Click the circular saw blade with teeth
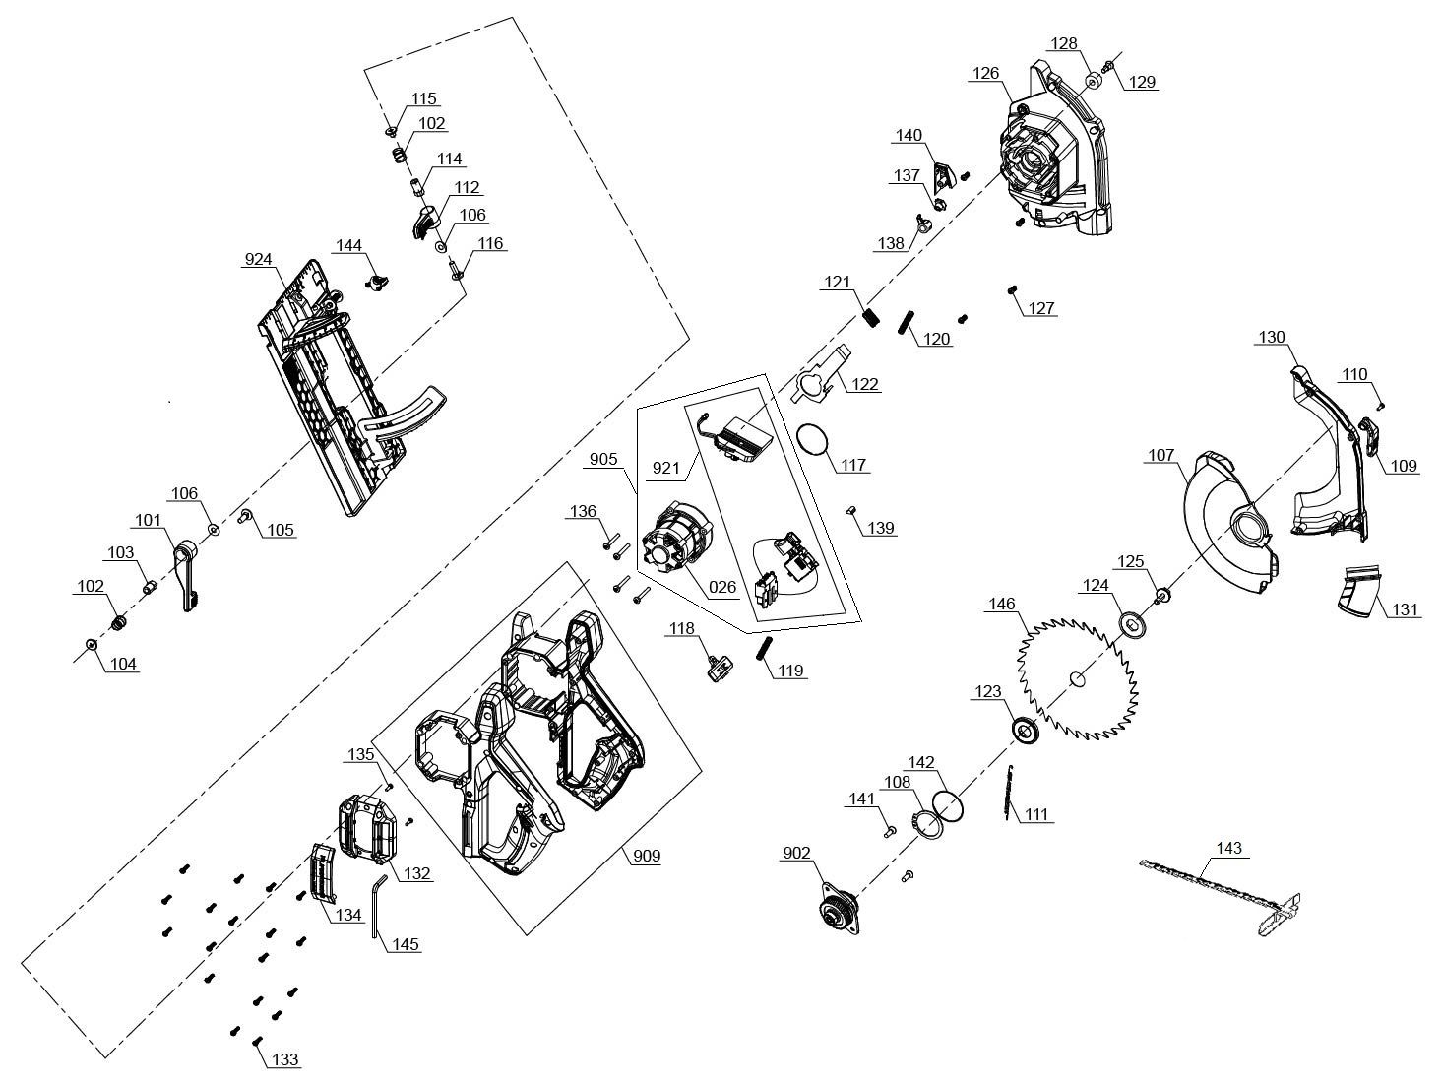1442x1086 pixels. pos(1078,677)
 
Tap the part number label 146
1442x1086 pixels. pos(1003,604)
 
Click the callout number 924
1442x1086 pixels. pos(259,260)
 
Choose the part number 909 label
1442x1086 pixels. pos(646,856)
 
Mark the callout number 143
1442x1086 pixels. pos(1228,847)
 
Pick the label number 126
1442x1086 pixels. pos(986,73)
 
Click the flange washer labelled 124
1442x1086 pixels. pos(1135,624)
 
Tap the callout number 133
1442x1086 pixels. pos(285,1059)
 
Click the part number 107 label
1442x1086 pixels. pos(1160,455)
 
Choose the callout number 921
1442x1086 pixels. pos(666,468)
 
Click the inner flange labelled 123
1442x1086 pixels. pos(1026,732)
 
